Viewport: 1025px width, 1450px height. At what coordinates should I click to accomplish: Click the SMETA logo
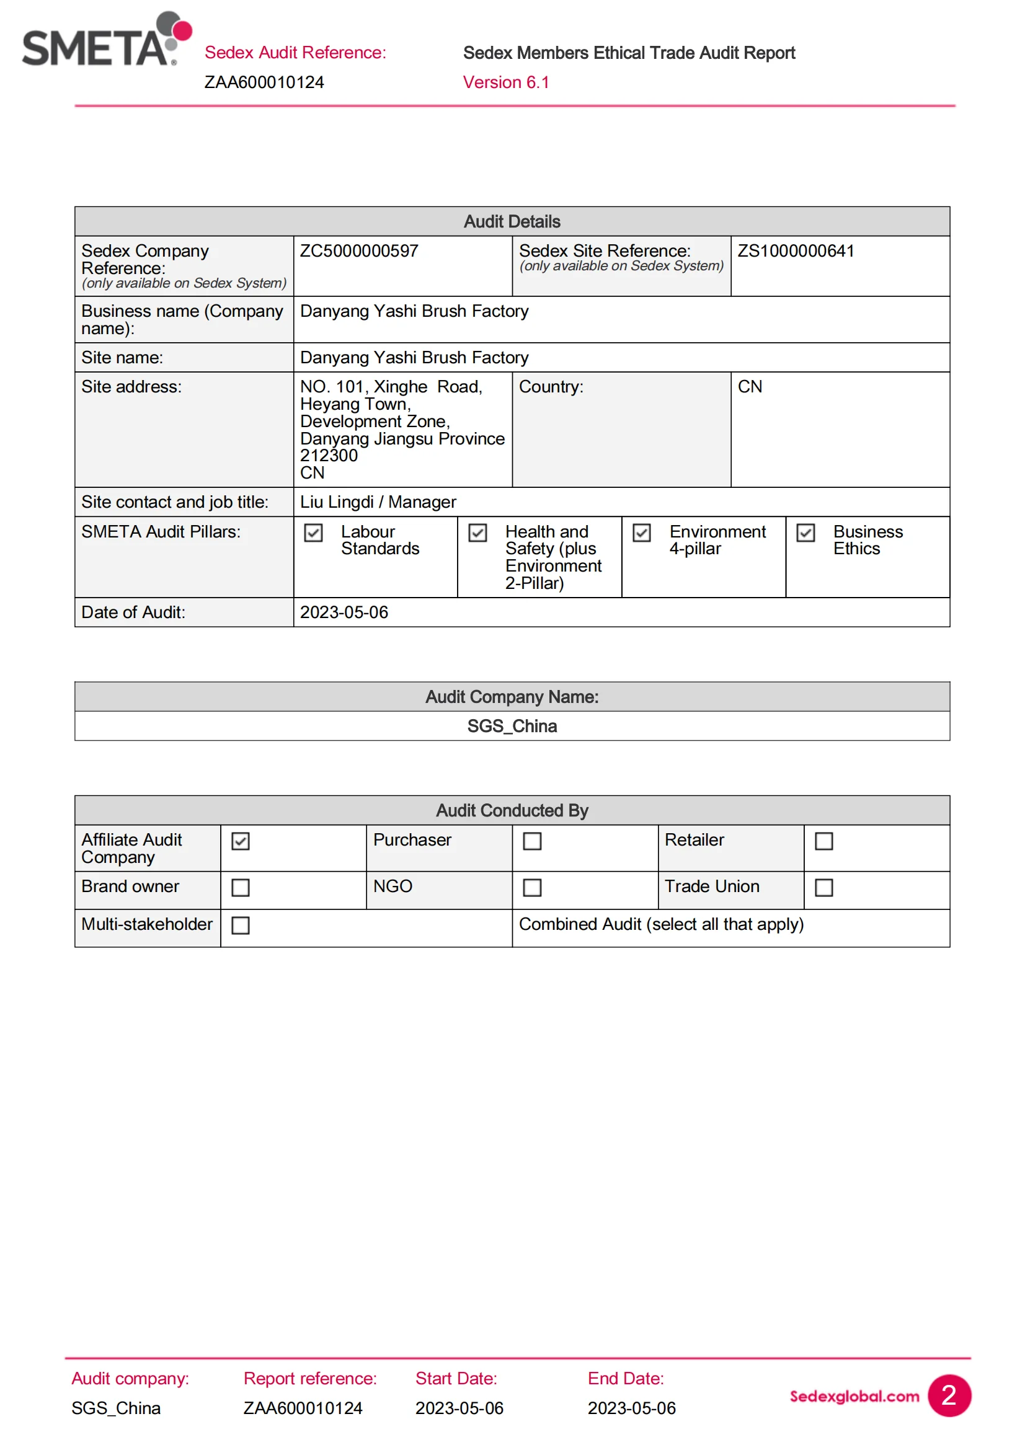click(106, 40)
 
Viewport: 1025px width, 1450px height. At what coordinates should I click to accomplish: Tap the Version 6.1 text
click(506, 82)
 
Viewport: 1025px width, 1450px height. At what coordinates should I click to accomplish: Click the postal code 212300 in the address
click(329, 456)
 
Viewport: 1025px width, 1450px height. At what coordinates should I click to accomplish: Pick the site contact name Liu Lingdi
click(337, 502)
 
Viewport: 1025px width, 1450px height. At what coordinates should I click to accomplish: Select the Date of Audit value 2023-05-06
click(344, 612)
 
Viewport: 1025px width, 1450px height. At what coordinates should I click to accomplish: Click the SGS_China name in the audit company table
click(512, 727)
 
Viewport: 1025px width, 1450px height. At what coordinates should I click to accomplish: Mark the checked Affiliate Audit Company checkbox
click(241, 841)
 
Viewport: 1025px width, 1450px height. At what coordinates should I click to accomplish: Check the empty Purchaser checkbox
click(533, 841)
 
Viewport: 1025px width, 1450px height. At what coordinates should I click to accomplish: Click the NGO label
click(392, 886)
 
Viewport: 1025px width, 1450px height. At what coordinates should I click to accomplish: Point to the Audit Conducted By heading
click(512, 810)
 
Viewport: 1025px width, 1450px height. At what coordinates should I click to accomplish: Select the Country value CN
click(750, 386)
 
